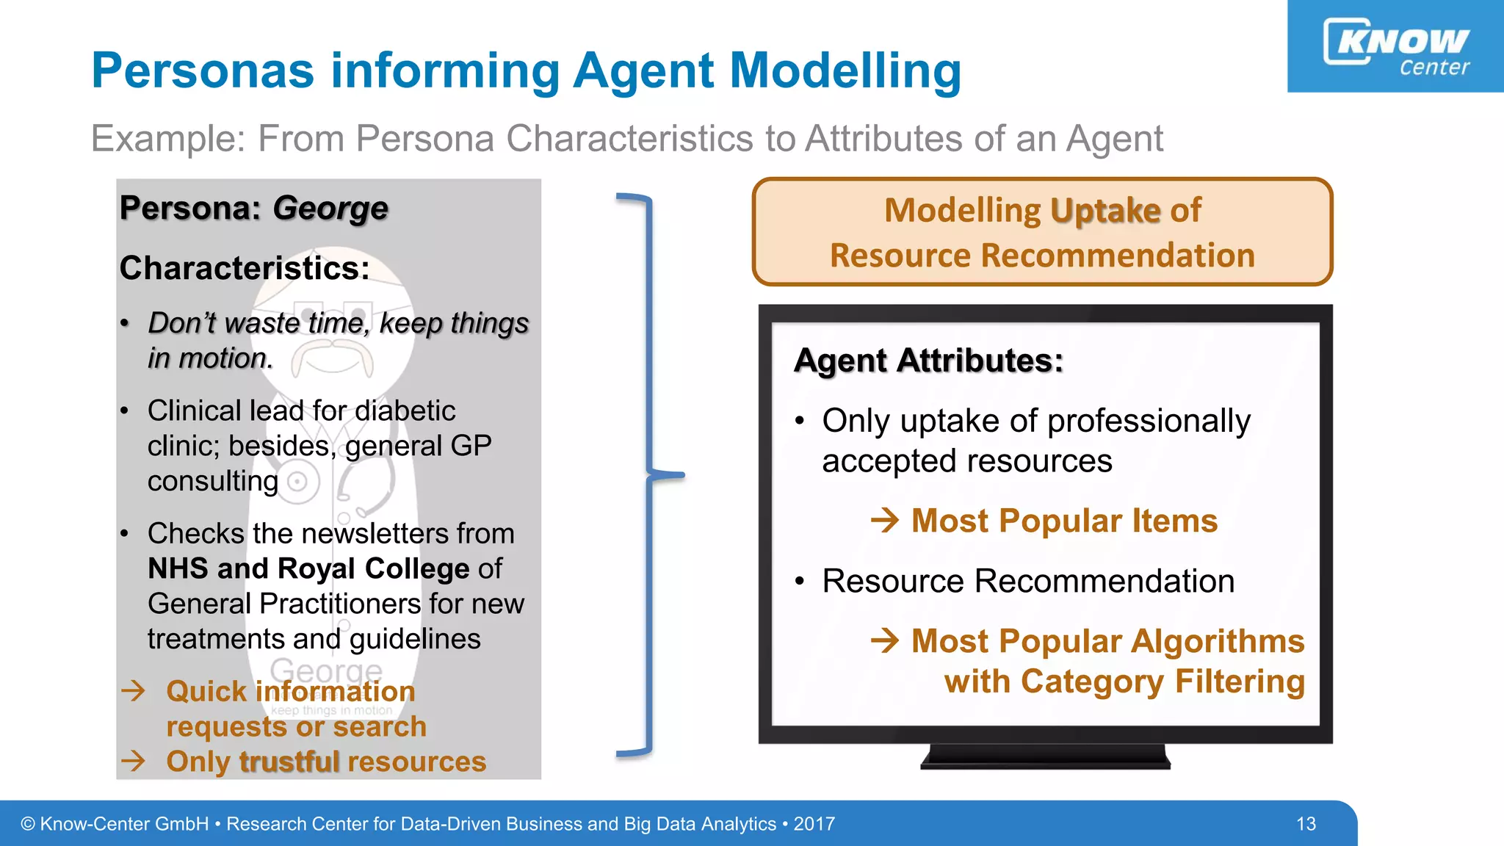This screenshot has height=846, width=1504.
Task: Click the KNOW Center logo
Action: coord(1396,46)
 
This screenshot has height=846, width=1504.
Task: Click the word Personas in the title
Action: coord(203,71)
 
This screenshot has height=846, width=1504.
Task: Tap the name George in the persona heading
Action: coord(330,209)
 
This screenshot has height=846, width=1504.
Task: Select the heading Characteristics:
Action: coord(245,268)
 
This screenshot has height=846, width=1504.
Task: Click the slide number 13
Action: coord(1306,824)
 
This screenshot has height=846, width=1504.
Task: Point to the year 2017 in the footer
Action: coord(814,824)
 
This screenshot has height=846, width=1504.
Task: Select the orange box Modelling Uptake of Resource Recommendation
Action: coord(1042,232)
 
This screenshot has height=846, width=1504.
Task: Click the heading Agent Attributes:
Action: coord(928,361)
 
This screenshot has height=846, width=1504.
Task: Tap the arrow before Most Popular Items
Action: coord(885,521)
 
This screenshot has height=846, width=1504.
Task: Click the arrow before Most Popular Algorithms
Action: coord(885,641)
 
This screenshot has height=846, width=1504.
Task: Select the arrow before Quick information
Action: coord(134,691)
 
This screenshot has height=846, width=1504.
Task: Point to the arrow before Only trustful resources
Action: coord(134,761)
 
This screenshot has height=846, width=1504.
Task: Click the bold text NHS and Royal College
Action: coord(308,569)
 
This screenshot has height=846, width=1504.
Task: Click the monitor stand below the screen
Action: coord(1045,756)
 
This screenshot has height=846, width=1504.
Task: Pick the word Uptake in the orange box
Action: coord(1105,211)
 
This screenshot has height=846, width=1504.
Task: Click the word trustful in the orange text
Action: coord(289,762)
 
